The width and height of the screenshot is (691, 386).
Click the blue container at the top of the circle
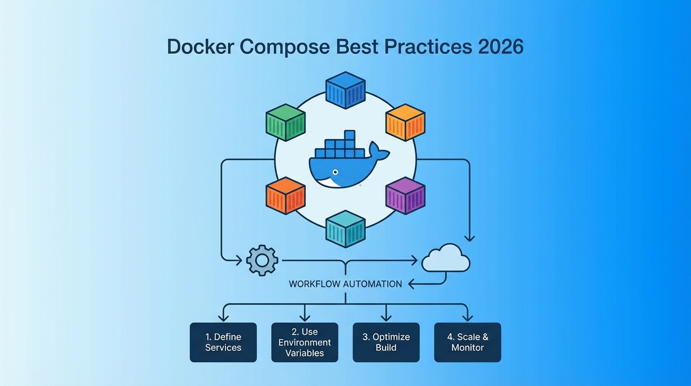click(345, 90)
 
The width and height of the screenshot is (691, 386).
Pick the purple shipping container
click(405, 196)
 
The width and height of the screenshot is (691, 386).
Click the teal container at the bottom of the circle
click(345, 229)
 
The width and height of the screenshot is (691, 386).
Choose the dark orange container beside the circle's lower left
click(285, 196)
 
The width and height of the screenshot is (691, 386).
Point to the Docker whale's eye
click(335, 172)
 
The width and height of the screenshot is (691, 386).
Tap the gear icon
click(262, 260)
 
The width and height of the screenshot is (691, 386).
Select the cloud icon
click(446, 259)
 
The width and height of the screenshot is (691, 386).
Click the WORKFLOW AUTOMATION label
click(345, 284)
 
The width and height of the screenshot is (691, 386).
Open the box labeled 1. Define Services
click(223, 342)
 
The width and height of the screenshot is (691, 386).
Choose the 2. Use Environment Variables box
click(304, 342)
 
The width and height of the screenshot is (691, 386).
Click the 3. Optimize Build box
click(386, 342)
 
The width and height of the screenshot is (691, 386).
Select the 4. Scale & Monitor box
click(467, 342)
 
